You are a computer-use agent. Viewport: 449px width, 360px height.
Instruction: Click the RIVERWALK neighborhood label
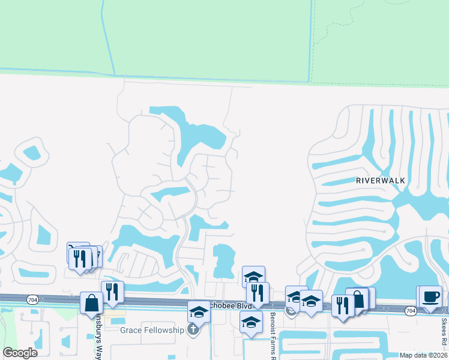pyautogui.click(x=380, y=180)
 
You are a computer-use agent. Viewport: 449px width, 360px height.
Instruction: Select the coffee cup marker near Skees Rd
pyautogui.click(x=430, y=296)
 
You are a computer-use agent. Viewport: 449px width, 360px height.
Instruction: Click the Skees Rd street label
pyautogui.click(x=445, y=334)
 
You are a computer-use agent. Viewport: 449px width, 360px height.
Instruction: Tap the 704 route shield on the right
pyautogui.click(x=411, y=310)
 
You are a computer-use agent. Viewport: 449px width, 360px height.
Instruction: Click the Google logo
pyautogui.click(x=20, y=353)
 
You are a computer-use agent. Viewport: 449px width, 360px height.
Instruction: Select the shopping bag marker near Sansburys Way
pyautogui.click(x=92, y=302)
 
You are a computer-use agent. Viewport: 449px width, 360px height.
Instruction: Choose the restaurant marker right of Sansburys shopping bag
pyautogui.click(x=112, y=292)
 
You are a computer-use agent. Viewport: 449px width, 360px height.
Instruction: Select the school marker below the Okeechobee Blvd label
pyautogui.click(x=251, y=322)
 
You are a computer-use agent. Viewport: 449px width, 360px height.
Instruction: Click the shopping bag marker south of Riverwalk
pyautogui.click(x=358, y=299)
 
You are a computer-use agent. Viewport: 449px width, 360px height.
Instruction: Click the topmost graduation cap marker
pyautogui.click(x=253, y=277)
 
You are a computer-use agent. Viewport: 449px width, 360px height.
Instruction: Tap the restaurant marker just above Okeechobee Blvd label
pyautogui.click(x=258, y=293)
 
